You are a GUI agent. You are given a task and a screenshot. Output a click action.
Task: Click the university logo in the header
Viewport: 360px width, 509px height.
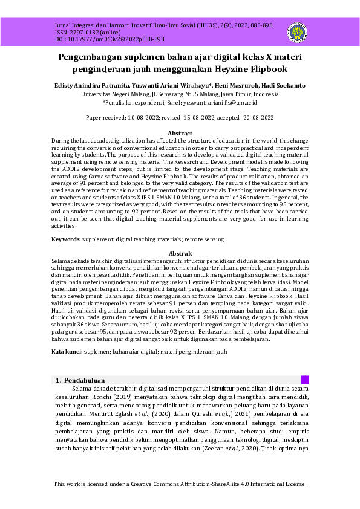(296, 32)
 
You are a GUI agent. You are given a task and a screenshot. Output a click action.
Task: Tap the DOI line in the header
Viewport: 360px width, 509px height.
(101, 39)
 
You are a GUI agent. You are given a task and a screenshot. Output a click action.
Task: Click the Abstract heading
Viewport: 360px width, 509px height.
(180, 133)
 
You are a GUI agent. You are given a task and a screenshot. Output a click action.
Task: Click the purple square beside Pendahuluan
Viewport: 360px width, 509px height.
(305, 380)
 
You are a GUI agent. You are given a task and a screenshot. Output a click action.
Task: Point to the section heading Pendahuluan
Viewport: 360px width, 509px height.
(84, 381)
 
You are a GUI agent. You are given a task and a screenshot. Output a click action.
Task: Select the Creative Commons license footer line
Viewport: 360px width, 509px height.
(180, 484)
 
